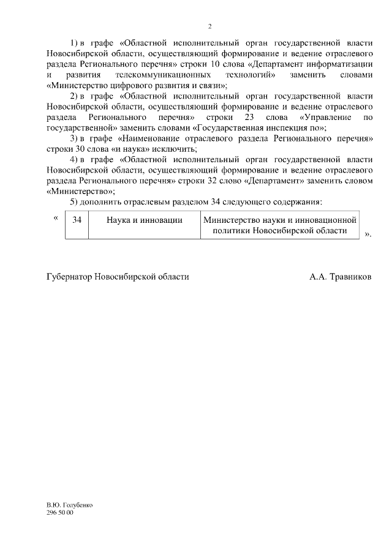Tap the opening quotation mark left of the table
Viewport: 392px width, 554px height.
[56, 217]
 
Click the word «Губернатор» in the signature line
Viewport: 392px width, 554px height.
[69, 277]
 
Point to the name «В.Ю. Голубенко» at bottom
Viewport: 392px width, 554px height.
[69, 505]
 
